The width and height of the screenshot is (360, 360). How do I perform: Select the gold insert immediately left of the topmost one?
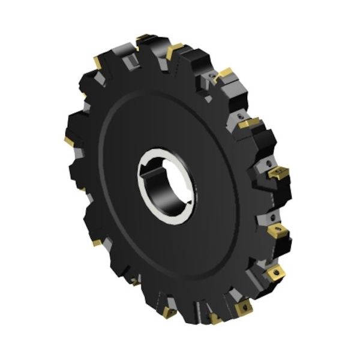98,61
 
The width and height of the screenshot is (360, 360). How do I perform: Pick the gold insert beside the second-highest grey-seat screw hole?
248,124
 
